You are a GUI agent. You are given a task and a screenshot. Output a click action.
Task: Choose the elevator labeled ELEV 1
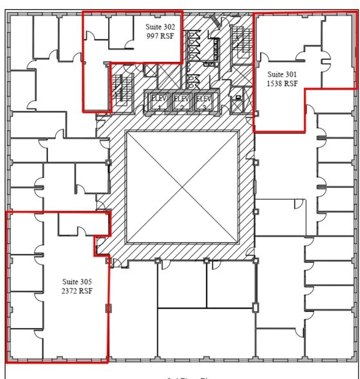[x=158, y=101]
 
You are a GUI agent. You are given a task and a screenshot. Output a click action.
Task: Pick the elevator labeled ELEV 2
[x=181, y=101]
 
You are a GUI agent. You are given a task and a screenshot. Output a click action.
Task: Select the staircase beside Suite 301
[x=241, y=43]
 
